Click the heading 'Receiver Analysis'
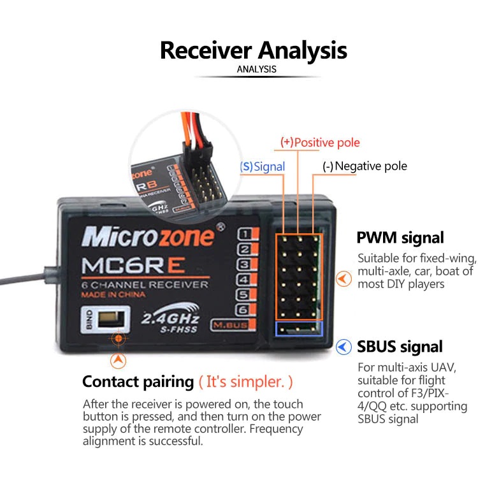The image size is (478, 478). point(253,50)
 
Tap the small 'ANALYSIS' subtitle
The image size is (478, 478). point(257,69)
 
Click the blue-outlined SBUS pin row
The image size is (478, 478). point(299,328)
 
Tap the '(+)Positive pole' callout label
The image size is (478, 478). point(320,142)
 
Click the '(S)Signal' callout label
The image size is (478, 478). point(262,166)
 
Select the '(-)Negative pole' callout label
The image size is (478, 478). point(364,166)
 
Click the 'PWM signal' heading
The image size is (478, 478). point(400,238)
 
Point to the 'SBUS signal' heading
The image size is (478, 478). point(400,347)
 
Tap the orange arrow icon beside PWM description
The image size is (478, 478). point(344,279)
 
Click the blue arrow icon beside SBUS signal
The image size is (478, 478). point(344,347)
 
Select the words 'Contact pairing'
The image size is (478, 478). point(138,382)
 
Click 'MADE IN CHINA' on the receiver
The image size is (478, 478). point(113,294)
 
